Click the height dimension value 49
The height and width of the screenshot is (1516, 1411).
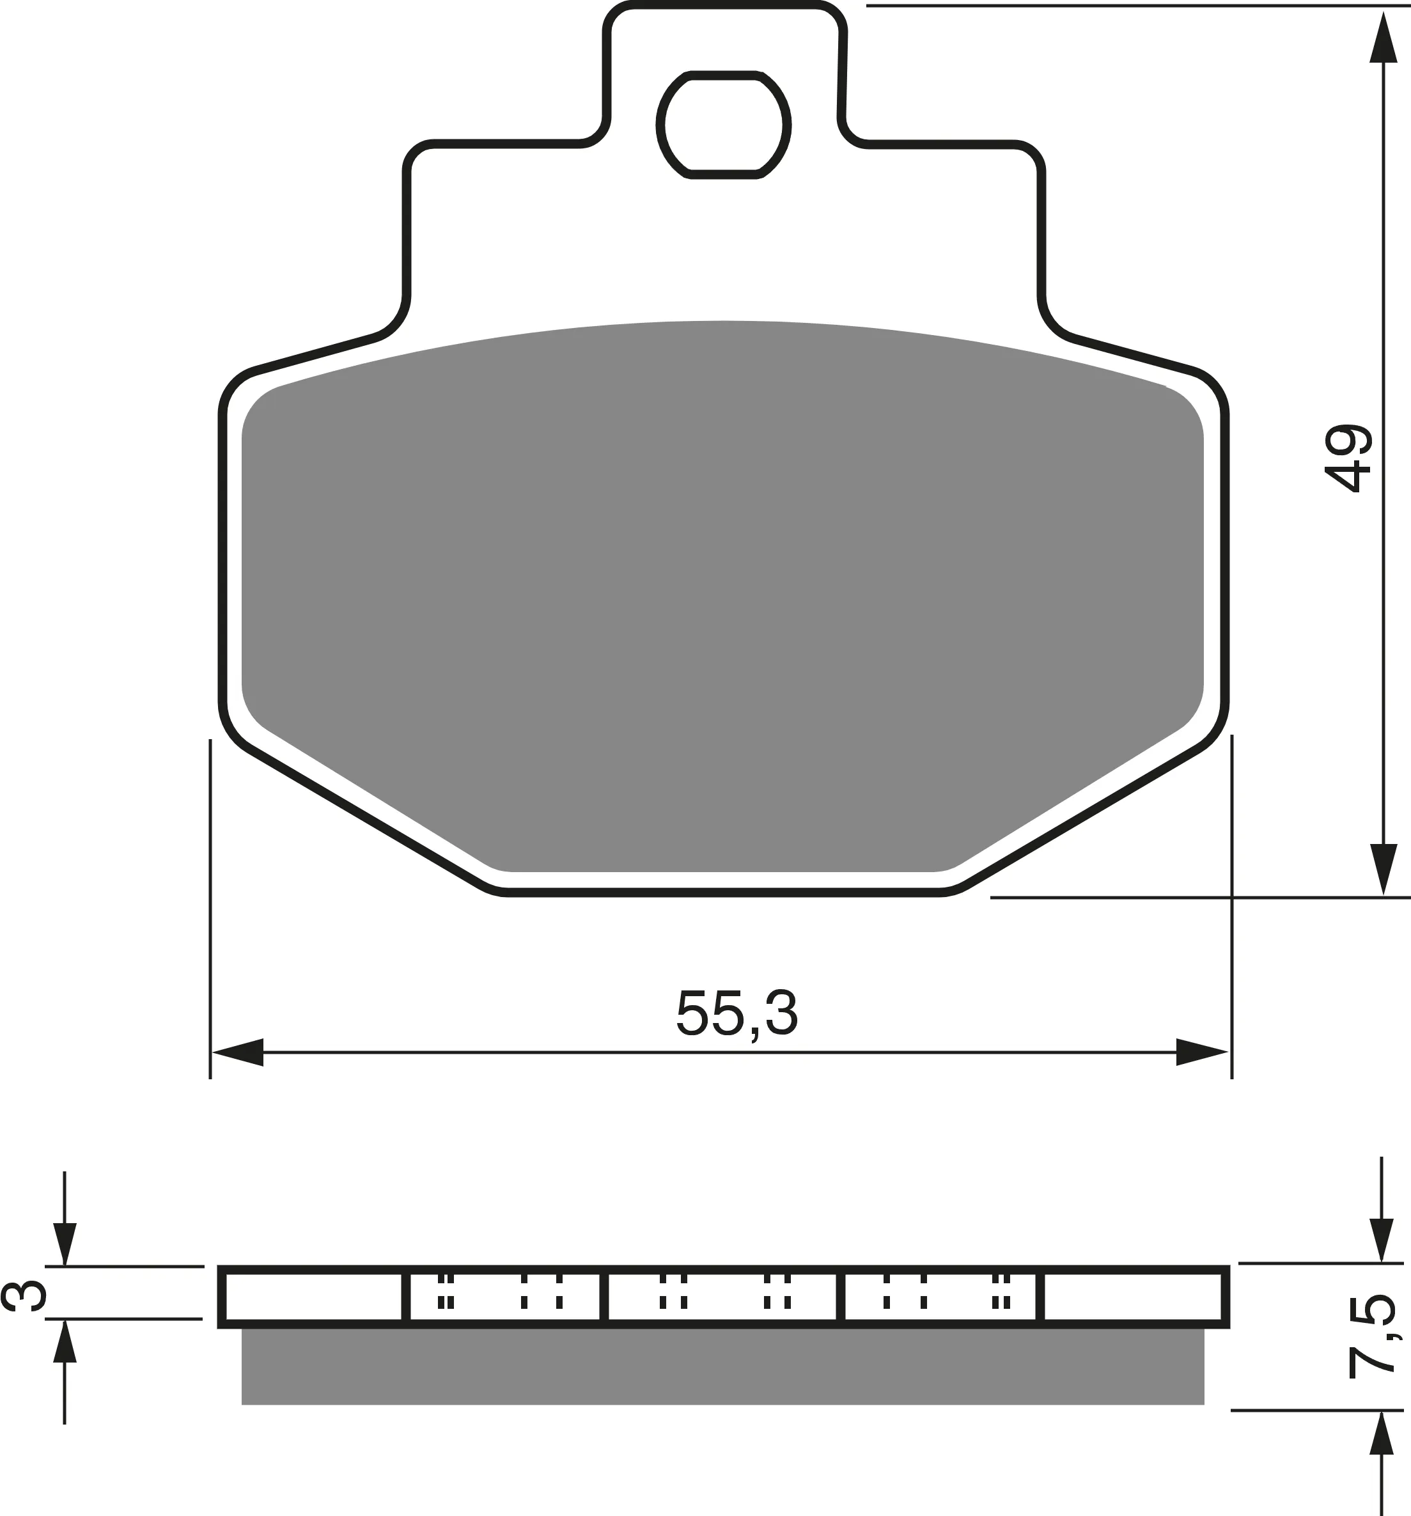(x=1348, y=458)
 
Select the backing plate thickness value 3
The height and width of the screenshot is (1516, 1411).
(x=24, y=1297)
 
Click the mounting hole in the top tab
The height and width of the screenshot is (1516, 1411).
(x=723, y=126)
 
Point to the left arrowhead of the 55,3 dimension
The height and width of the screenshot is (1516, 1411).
(x=238, y=1052)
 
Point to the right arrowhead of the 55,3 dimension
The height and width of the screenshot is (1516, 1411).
(x=1202, y=1052)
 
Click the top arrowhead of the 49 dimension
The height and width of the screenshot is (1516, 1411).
(x=1383, y=36)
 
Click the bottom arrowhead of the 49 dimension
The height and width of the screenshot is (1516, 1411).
(x=1383, y=870)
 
